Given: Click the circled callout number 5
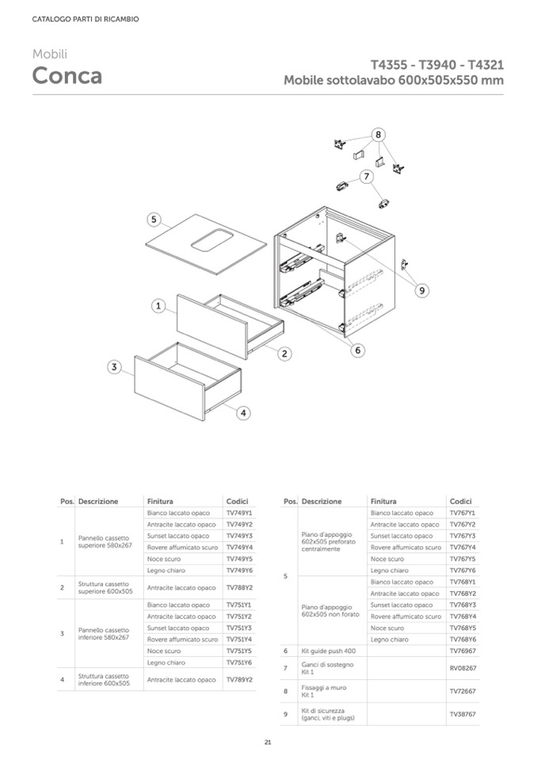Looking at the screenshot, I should tap(154, 220).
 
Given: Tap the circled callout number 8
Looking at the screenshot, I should tap(379, 135).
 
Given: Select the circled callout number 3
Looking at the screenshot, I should tap(115, 367).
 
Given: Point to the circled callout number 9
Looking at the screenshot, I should tap(421, 291).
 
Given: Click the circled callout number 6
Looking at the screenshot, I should tap(357, 349).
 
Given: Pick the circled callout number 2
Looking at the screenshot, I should tap(283, 354).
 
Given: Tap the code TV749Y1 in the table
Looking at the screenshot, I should tap(238, 513).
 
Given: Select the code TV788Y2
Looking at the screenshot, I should tap(238, 588).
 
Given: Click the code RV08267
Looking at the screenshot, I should tap(463, 668).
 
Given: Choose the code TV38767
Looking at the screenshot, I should tap(463, 714).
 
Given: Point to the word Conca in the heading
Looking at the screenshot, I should tap(67, 76).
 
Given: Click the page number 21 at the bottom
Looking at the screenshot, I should tap(268, 742).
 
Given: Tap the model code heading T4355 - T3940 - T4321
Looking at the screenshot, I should tap(437, 65).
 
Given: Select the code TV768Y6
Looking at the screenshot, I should tap(463, 639).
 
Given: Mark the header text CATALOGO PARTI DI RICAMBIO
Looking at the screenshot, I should tap(86, 19).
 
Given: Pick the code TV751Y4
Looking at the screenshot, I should tap(238, 640).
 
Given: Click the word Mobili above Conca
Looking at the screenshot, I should tap(49, 54).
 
